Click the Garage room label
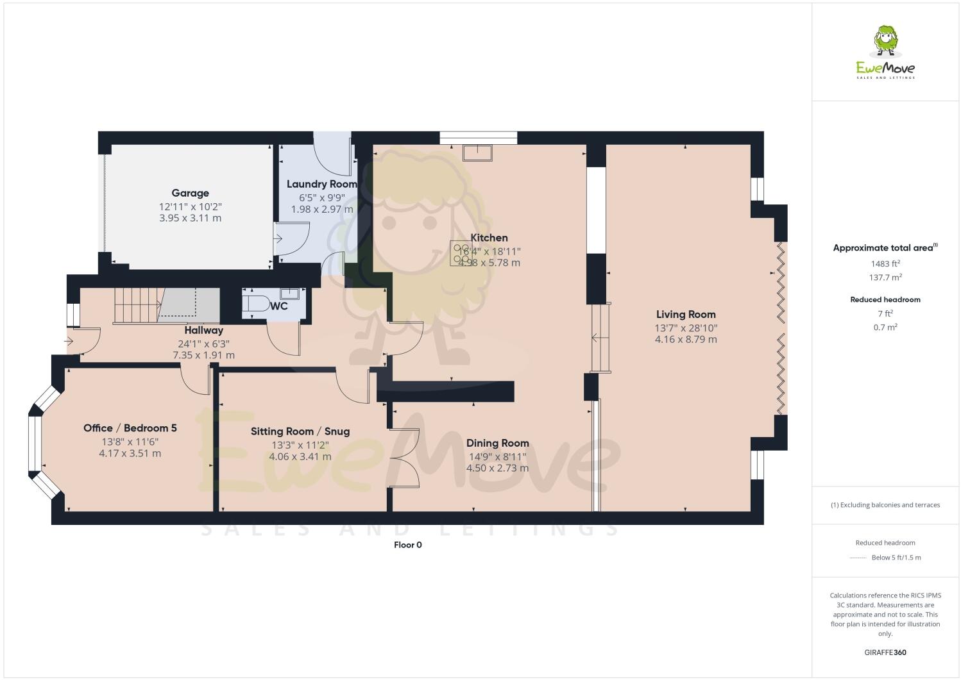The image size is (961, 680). point(190,193)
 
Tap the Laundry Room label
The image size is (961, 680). point(321,184)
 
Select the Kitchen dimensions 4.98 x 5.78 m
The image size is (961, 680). point(489,263)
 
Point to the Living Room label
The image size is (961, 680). point(685,314)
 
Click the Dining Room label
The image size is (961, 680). point(497,443)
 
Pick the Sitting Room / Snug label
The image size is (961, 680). point(300,431)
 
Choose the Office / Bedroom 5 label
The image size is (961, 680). point(130,428)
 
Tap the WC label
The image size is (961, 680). point(279,306)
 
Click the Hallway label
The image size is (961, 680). point(203,330)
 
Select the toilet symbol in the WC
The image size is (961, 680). point(256,304)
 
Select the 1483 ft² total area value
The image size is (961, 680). point(885,263)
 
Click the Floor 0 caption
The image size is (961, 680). point(407,545)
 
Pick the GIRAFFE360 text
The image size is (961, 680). point(885,653)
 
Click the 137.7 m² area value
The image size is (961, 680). point(885,278)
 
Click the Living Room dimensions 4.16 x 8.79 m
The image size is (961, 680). point(685,339)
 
